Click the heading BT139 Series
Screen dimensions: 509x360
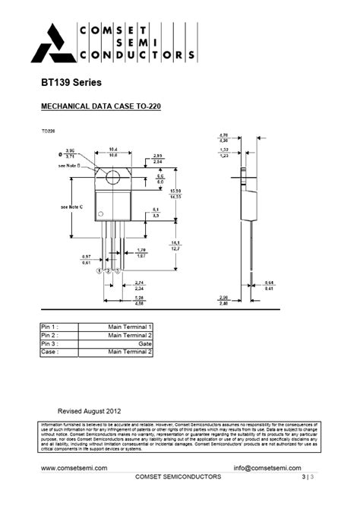(x=71, y=82)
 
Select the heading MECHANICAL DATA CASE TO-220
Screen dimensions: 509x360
(x=99, y=107)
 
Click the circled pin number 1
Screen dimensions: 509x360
(x=100, y=270)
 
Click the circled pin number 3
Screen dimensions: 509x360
(x=117, y=270)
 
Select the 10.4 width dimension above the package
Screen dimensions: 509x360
(x=112, y=149)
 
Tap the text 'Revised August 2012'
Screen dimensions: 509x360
(x=89, y=410)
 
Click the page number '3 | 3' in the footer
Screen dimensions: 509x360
(x=308, y=477)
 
